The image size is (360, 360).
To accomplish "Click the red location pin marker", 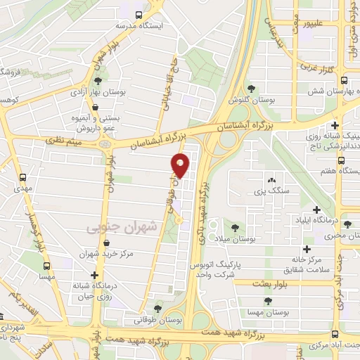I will pos(181,166).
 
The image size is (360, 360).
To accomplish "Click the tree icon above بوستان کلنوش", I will pos(251,88).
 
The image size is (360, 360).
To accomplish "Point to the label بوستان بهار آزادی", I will pos(97,92).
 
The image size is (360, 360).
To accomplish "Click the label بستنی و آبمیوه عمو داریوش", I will pos(91,124).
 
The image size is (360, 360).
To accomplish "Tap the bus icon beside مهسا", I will pos(47,267).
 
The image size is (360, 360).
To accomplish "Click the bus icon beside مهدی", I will pos(23,178).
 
